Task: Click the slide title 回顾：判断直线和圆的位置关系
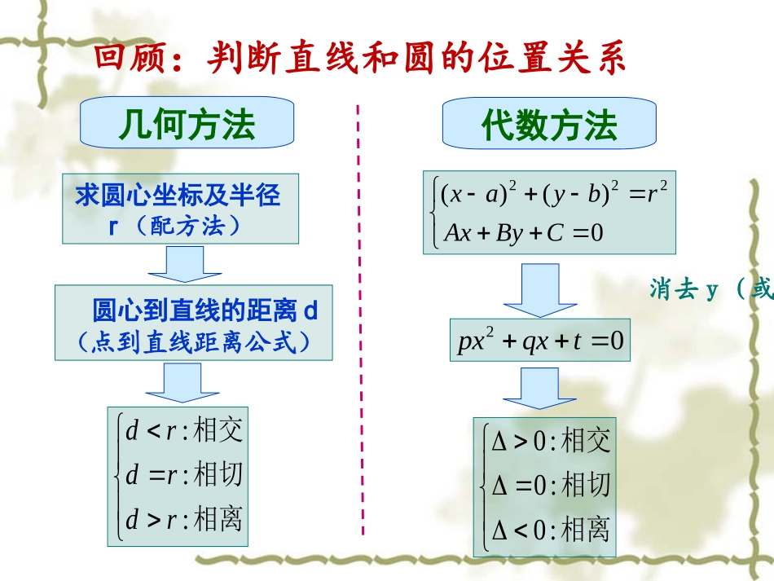359,59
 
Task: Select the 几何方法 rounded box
187,124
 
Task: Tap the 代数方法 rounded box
549,125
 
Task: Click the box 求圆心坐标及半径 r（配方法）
178,209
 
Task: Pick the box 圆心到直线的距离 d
194,323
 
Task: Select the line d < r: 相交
183,429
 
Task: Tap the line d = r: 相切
183,474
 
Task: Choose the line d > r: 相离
183,519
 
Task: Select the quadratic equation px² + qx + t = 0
540,341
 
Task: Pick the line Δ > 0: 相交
550,442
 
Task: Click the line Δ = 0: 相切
550,486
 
